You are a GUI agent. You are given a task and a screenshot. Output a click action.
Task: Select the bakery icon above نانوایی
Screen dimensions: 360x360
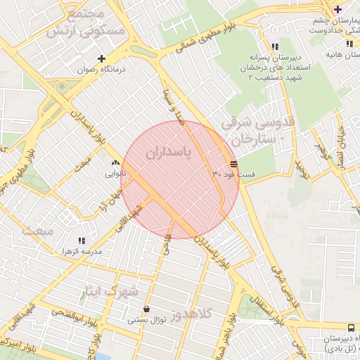(x=115, y=163)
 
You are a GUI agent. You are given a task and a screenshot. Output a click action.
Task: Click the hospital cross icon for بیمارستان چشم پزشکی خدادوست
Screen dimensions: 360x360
(x=338, y=9)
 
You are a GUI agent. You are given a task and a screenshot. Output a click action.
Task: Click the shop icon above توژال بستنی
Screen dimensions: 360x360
(x=146, y=309)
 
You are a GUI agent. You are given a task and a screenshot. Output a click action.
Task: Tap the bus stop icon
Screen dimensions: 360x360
(x=350, y=328)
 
